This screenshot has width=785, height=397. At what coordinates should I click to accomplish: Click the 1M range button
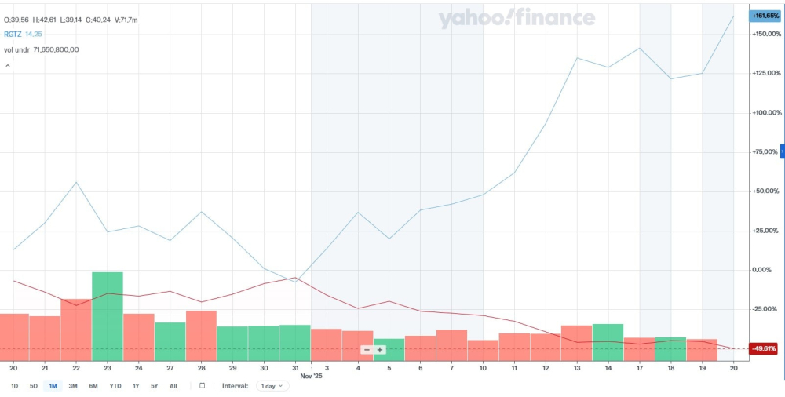pos(53,386)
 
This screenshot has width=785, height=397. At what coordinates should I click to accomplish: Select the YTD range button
pos(115,386)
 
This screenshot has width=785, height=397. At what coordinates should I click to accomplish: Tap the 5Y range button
pos(155,386)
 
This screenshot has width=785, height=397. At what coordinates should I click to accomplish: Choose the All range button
pos(173,386)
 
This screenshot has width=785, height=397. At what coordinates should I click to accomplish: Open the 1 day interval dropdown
pos(271,386)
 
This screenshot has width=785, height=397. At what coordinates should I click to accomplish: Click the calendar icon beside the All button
pos(202,386)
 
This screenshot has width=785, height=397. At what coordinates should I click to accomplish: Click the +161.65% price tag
pos(765,16)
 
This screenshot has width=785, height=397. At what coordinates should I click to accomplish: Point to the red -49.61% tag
pos(764,348)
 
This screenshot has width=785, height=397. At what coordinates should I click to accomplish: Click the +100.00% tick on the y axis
pos(765,113)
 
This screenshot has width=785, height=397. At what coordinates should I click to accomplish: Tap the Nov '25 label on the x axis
pos(312,376)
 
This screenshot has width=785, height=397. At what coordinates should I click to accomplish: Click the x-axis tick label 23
pos(108,367)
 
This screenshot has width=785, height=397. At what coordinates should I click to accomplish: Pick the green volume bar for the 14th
pos(608,342)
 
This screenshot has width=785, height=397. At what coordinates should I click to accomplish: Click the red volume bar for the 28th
pos(202,336)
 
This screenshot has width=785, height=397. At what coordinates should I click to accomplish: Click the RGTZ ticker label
pos(13,34)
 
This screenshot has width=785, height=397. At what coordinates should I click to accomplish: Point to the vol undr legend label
pos(17,49)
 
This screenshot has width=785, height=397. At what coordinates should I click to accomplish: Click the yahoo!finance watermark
pos(517,18)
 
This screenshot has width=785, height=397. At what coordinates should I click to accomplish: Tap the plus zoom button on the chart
pos(380,350)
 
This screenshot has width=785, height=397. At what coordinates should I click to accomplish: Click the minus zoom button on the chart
pos(367,350)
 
